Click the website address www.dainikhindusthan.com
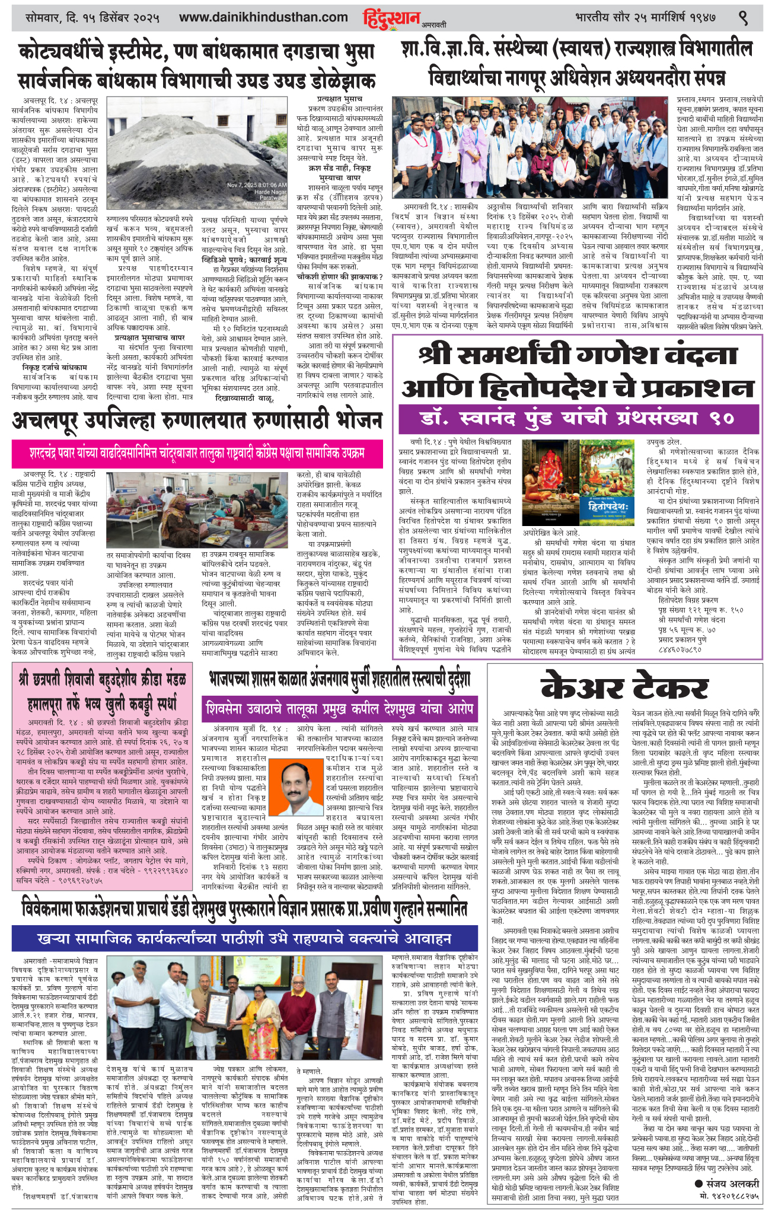tap(263, 18)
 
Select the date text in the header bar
tap(93, 18)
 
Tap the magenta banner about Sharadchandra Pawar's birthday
tap(196, 453)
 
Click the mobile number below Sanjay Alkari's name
tap(729, 1180)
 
